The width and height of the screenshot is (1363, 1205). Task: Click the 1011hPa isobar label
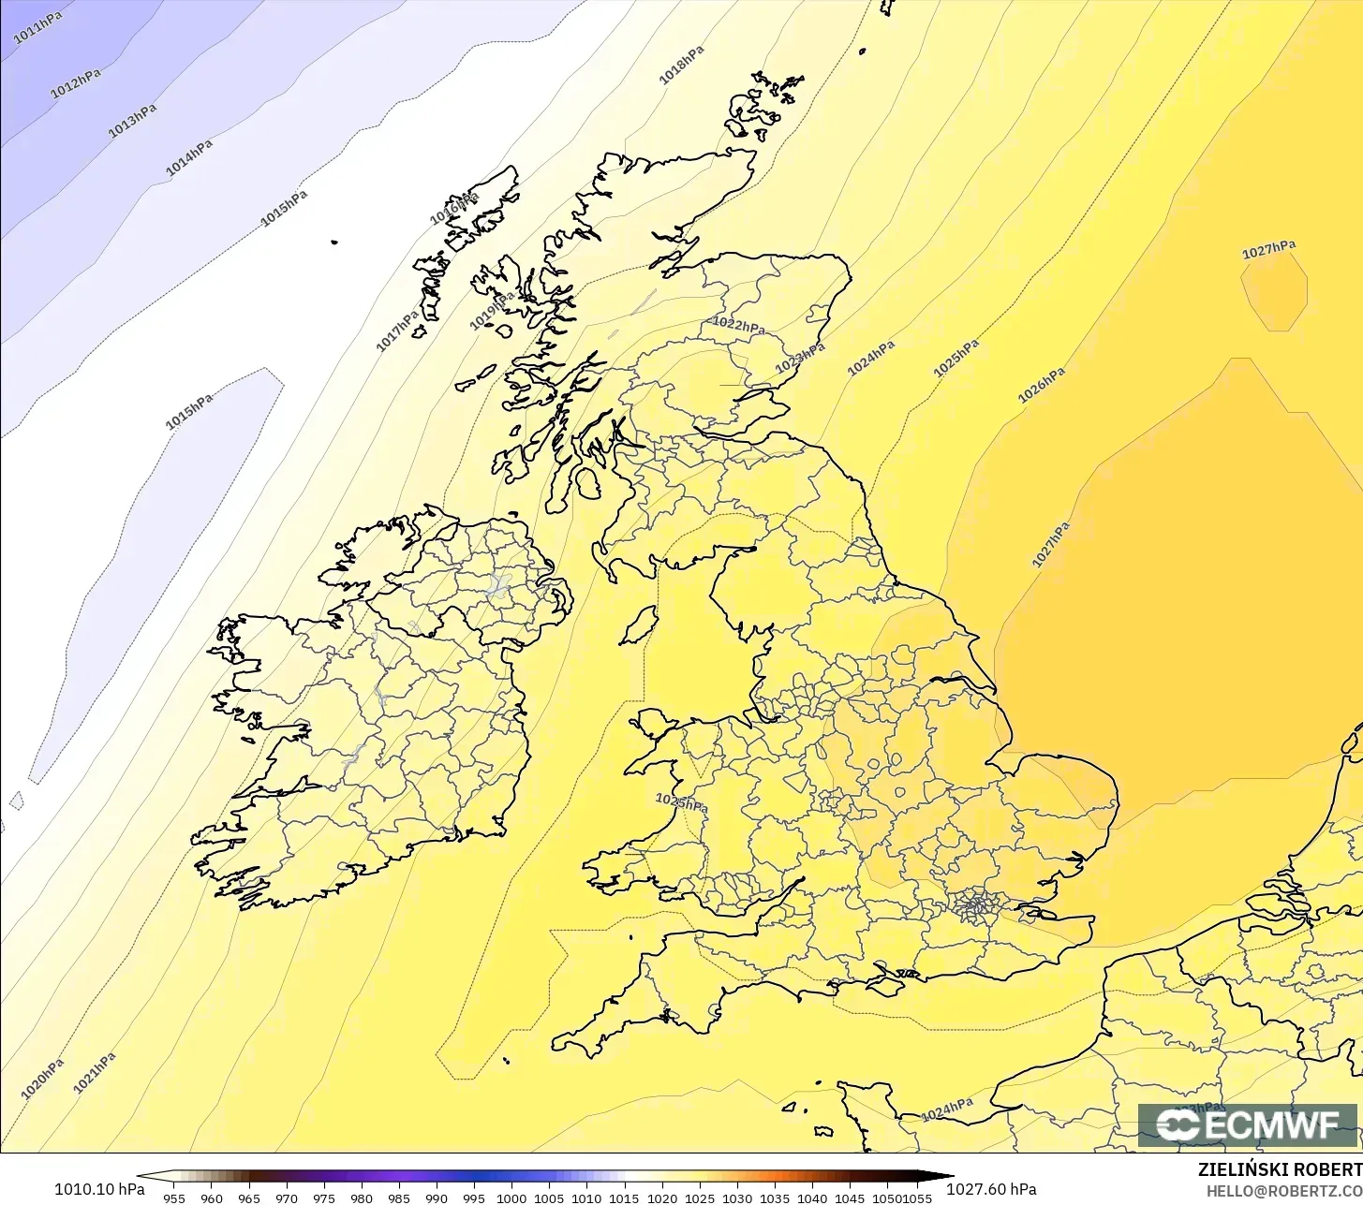click(x=38, y=28)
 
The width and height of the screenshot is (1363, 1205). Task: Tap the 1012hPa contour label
click(x=75, y=82)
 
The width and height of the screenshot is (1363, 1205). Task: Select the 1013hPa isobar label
click(x=132, y=122)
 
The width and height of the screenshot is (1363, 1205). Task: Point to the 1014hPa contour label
click(x=189, y=157)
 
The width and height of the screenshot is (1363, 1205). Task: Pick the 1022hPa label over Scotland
click(x=738, y=325)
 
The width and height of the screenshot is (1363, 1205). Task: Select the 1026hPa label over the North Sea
click(x=1042, y=385)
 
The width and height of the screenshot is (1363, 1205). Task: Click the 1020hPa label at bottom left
click(x=42, y=1079)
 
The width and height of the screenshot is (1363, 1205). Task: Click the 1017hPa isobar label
click(x=398, y=331)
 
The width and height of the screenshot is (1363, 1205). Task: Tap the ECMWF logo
click(x=1247, y=1125)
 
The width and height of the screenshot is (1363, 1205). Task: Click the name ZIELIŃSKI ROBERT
click(x=1280, y=1169)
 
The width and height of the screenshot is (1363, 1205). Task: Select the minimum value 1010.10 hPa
click(x=99, y=1189)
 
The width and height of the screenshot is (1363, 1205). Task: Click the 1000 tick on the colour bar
click(x=511, y=1198)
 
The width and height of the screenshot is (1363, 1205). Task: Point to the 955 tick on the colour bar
click(x=173, y=1198)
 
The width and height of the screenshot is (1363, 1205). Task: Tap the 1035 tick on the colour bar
click(x=774, y=1198)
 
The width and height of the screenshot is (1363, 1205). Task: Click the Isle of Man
click(x=639, y=625)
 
